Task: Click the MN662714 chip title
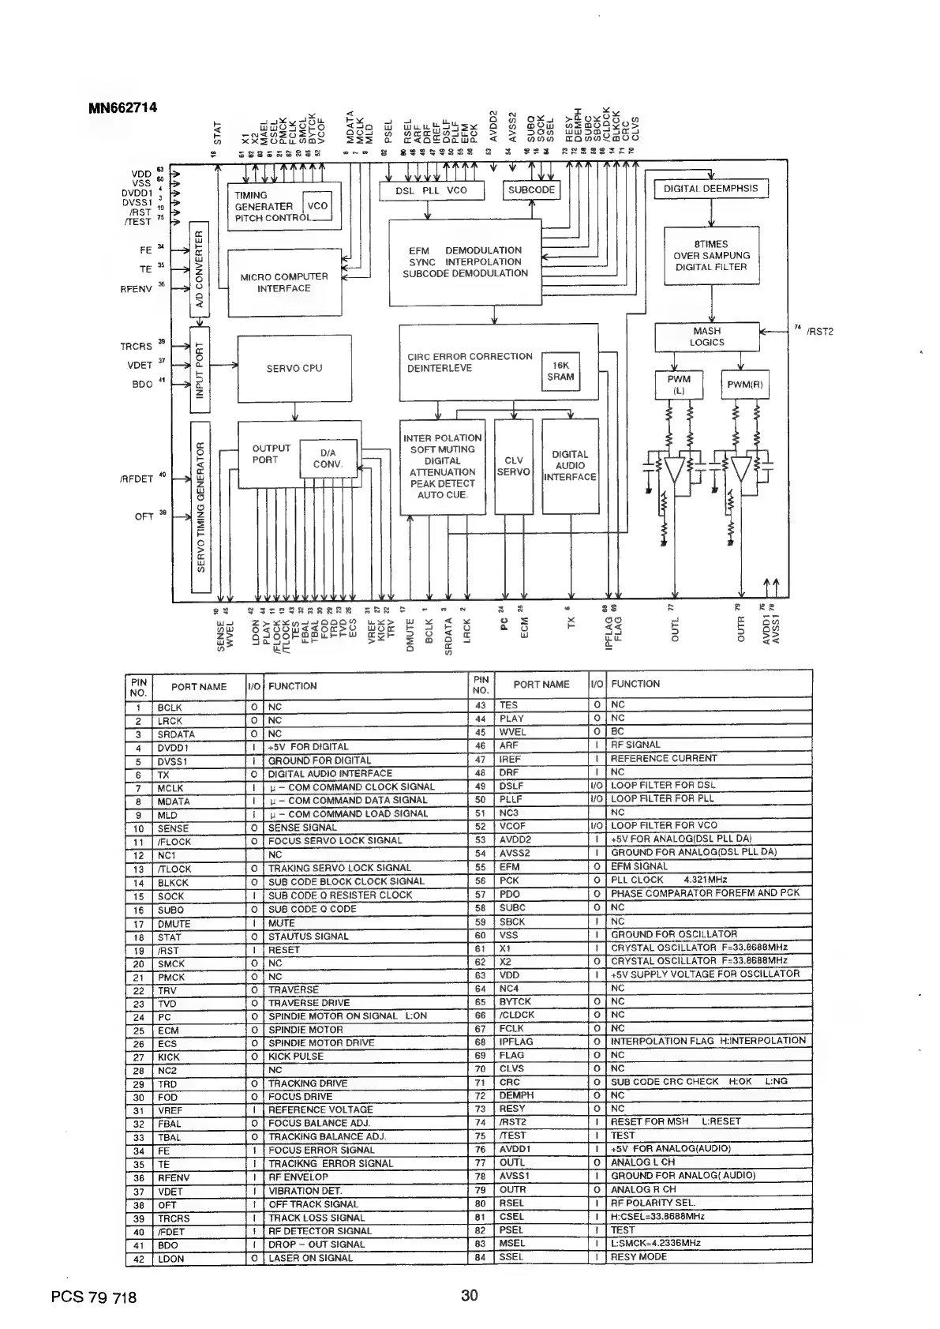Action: tap(122, 107)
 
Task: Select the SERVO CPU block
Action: tap(294, 369)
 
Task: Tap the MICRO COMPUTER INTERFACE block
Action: tap(285, 283)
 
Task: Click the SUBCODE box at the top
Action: tap(531, 190)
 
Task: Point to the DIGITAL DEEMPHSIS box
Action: tap(710, 189)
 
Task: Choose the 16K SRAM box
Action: tap(560, 371)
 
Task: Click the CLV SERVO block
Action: tap(514, 466)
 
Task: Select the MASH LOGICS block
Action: tap(706, 337)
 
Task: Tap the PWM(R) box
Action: tap(744, 386)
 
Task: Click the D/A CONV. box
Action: tap(328, 459)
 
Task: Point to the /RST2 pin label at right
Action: tap(820, 332)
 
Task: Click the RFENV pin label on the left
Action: tap(136, 290)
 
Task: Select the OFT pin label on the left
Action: tap(144, 517)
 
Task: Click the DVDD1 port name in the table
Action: tap(173, 748)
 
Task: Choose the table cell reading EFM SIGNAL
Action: tap(639, 866)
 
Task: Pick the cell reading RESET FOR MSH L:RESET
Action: tap(665, 1121)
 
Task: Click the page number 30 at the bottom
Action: tap(470, 1295)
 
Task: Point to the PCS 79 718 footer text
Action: tap(92, 1297)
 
